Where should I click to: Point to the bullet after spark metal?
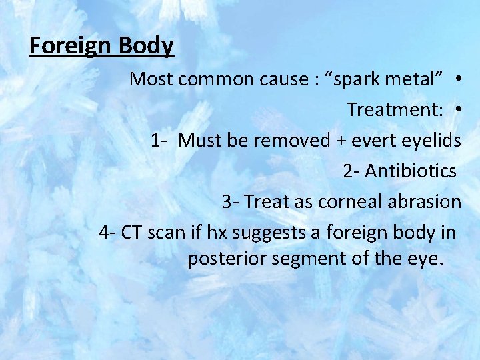[x=460, y=79]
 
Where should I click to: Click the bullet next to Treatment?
[x=460, y=110]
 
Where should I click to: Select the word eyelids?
[x=433, y=141]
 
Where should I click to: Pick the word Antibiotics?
[x=411, y=171]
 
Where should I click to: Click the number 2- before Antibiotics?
[x=352, y=171]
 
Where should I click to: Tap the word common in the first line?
[x=209, y=79]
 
